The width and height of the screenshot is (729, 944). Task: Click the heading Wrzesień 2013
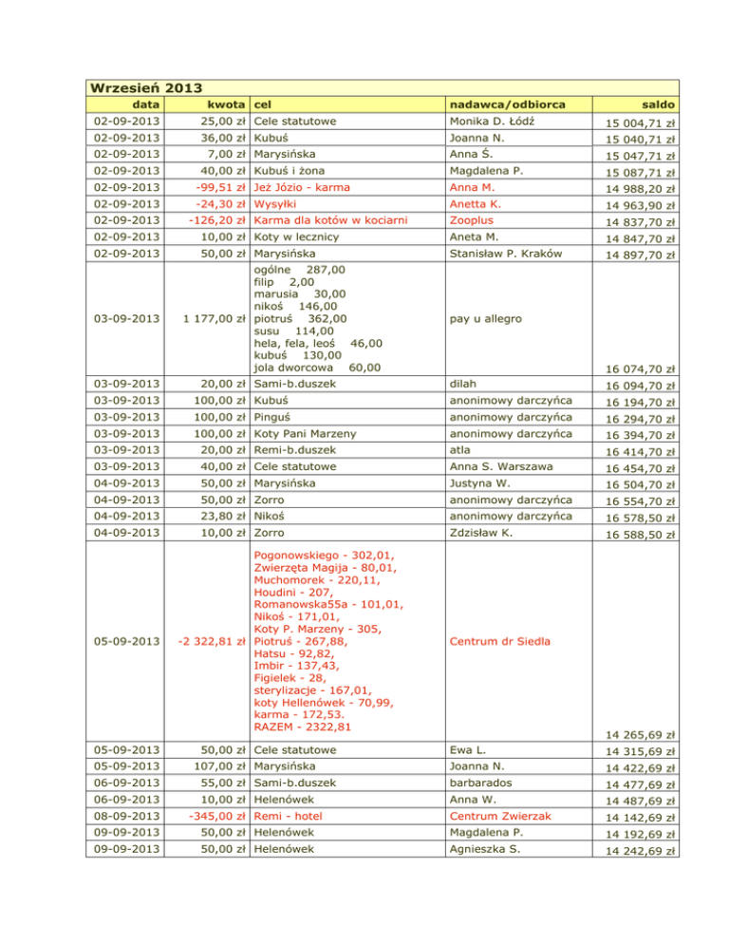click(145, 88)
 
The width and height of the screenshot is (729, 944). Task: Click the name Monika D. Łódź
click(495, 123)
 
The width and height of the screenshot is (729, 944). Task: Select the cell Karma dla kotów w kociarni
click(330, 221)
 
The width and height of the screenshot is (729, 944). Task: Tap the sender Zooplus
click(474, 221)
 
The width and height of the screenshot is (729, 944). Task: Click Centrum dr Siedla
click(501, 641)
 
